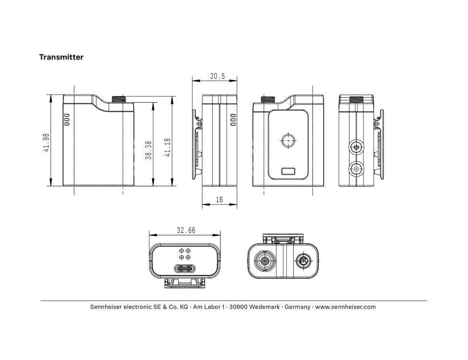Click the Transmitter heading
tap(61, 57)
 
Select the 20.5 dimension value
tap(217, 76)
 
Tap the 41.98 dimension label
tap(46, 143)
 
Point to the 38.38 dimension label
tap(148, 150)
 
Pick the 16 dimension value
tap(219, 200)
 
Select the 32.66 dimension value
tap(186, 230)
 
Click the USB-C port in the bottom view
tap(185, 268)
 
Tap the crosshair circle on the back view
tap(288, 141)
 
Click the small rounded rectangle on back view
tap(288, 171)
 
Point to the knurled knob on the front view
tap(119, 99)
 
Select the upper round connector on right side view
tap(356, 147)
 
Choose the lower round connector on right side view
tap(356, 169)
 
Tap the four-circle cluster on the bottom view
tap(185, 254)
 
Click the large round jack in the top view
tap(264, 262)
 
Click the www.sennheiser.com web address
tap(346, 307)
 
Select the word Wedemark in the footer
tap(264, 307)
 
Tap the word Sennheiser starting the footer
tap(106, 307)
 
